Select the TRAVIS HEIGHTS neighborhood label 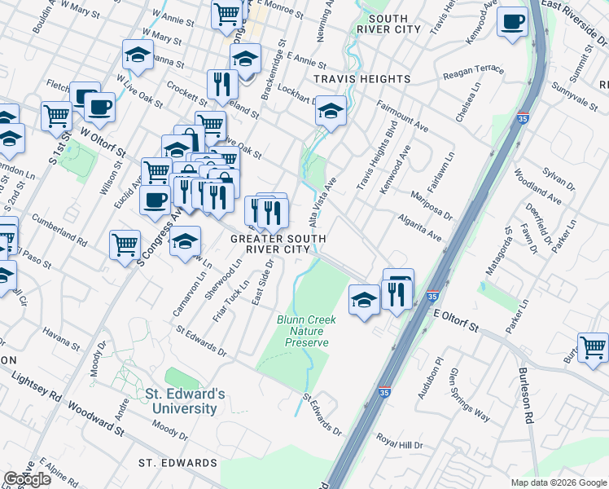tap(361, 79)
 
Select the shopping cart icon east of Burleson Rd tap(593, 346)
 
